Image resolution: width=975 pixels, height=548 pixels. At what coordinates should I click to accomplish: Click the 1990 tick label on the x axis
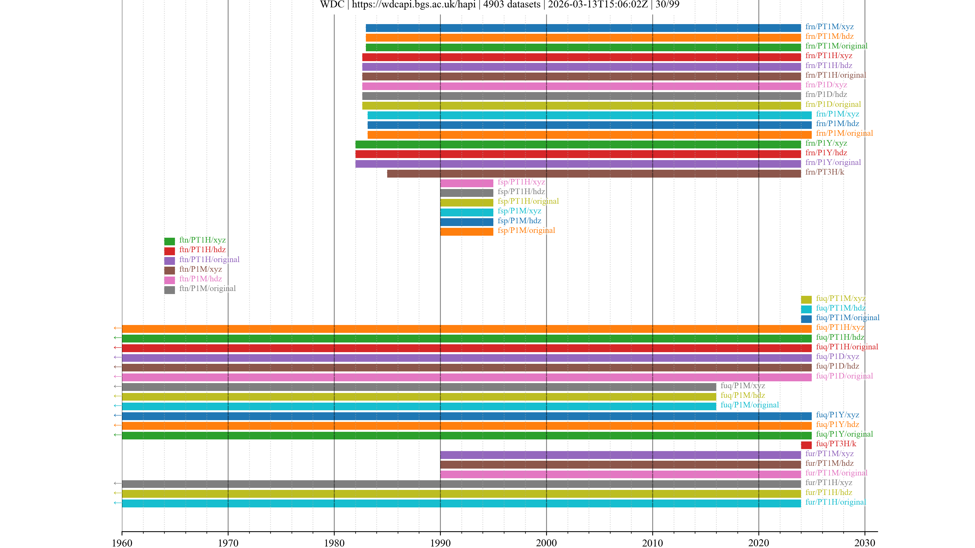pos(440,543)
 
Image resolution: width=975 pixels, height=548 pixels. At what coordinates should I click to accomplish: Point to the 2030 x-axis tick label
pos(865,543)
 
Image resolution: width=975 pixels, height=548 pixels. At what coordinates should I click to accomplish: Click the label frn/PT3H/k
pos(824,172)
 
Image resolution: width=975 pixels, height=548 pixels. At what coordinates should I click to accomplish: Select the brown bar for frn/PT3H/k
pos(593,174)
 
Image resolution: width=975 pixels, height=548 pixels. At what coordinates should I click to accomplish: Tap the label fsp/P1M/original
pos(526,230)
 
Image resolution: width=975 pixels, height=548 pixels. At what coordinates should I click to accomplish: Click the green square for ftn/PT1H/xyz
pos(170,241)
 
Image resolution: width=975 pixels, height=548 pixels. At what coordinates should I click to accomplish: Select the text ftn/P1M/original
pos(207,288)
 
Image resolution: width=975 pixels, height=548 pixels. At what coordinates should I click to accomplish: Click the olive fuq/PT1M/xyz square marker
pos(806,300)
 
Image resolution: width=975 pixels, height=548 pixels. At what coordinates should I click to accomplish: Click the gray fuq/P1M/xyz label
pos(743,386)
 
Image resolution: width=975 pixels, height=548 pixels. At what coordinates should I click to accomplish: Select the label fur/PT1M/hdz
pos(829,463)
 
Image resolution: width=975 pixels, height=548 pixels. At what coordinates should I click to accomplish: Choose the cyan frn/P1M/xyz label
pos(837,114)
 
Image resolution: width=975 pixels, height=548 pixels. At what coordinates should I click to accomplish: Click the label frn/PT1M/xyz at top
pos(829,26)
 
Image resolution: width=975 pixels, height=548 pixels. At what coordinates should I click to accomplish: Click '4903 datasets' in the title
pos(512,5)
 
